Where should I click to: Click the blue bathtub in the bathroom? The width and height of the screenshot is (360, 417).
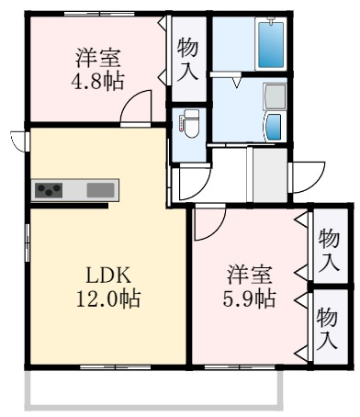[x=270, y=44]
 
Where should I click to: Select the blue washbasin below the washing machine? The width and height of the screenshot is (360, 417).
[x=274, y=126]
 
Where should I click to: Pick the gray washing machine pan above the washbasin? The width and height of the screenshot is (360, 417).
[x=275, y=97]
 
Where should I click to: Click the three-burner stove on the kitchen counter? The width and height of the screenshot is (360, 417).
[x=49, y=190]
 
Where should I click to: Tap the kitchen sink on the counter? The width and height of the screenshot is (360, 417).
[x=100, y=190]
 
